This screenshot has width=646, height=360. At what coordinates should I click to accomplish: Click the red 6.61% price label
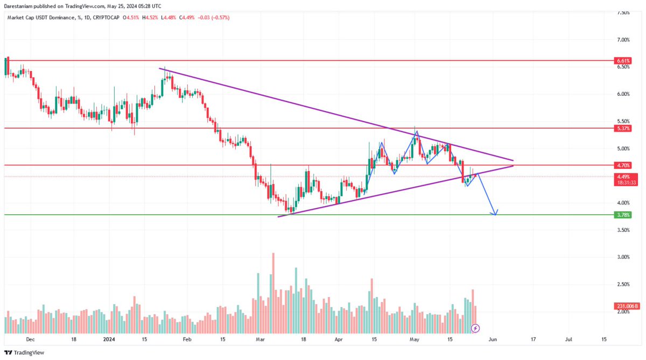[623, 60]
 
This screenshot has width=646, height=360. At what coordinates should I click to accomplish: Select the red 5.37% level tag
[623, 128]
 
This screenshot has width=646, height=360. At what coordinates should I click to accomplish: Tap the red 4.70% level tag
[623, 165]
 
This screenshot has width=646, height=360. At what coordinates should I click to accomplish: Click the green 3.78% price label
[623, 215]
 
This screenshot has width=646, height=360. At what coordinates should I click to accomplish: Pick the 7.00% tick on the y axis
[623, 40]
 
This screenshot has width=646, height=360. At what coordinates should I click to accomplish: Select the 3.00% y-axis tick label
[623, 257]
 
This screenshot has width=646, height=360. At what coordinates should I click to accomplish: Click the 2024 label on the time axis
[109, 339]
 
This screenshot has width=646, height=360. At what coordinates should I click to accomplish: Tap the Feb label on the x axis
[187, 339]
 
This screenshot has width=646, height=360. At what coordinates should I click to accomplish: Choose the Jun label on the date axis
[493, 339]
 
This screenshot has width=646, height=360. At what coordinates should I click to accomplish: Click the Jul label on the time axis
[568, 339]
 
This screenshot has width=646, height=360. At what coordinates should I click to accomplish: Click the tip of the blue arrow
[495, 215]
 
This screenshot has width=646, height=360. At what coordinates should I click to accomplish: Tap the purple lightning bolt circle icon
[475, 328]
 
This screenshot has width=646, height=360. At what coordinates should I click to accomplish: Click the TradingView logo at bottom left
[24, 353]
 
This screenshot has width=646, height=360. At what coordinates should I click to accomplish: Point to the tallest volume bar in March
[273, 293]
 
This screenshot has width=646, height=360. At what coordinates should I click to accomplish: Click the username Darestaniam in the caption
[18, 6]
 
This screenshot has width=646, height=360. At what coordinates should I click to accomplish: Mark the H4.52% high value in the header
[150, 18]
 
